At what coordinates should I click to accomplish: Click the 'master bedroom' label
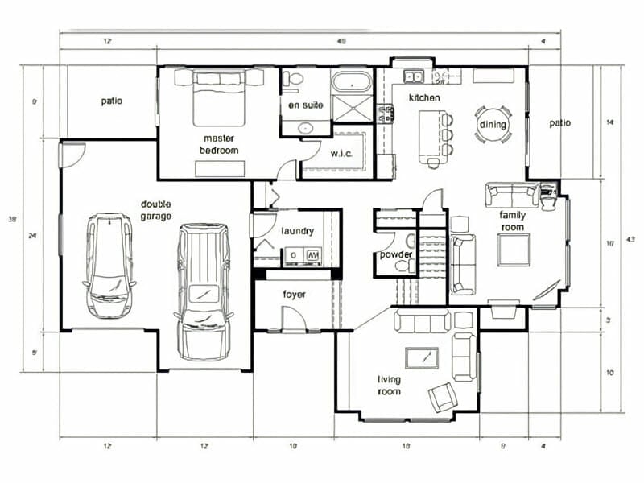pos(220,144)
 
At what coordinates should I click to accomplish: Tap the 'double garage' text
pos(155,210)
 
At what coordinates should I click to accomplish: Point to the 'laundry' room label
pos(297,231)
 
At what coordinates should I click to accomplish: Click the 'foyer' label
pos(294,294)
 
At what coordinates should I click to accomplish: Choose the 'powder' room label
pos(395,255)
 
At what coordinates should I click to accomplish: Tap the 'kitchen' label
pos(424,97)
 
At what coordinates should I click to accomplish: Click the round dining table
pos(493,124)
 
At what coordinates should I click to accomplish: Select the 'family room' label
pos(512,221)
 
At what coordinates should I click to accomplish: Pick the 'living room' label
pos(390,385)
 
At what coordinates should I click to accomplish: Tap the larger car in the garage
pos(202,290)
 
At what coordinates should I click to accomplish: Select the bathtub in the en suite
pos(351,82)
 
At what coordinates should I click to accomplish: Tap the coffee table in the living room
pos(422,357)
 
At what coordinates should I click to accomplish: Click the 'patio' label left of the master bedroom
pos(112,101)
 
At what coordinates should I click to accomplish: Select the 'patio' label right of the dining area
pos(559,123)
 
